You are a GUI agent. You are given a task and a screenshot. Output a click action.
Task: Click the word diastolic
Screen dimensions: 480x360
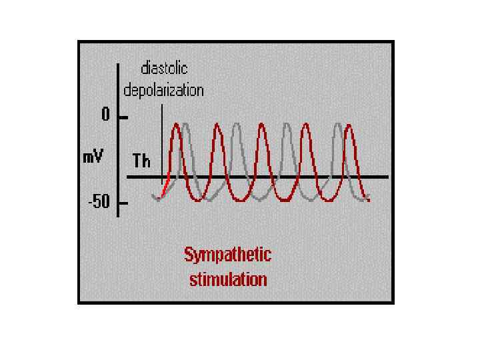coord(164,69)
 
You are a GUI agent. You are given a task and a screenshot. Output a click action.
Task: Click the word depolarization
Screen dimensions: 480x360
coord(164,89)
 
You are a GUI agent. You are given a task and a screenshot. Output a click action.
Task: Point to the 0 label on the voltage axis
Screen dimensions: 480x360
coord(105,115)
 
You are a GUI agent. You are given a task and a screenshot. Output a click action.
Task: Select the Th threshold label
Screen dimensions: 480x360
coord(141,161)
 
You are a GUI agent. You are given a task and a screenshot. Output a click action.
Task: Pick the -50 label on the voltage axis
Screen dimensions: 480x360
coord(99,203)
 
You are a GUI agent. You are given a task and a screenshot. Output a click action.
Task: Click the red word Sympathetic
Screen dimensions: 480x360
coord(227,255)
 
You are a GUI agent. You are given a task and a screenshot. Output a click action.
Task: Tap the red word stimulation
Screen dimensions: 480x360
coord(228,279)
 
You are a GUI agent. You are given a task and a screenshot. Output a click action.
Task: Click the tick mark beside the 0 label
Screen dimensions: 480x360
coord(123,117)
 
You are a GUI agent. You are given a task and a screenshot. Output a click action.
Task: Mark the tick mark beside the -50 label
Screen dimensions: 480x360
coord(123,202)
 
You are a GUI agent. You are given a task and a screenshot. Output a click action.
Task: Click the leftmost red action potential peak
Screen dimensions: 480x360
coord(176,125)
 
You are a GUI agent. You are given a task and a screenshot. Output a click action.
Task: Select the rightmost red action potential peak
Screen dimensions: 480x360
coord(349,125)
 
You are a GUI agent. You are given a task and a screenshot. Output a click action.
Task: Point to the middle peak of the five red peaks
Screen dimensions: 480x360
coord(262,125)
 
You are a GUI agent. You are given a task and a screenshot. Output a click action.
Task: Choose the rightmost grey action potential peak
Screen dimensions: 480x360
coord(339,125)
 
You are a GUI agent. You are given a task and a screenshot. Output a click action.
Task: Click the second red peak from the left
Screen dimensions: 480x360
coord(217,125)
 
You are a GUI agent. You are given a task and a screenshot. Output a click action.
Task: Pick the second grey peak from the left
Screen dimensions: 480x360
coord(236,125)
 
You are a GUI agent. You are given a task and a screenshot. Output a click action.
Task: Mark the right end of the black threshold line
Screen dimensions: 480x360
coord(387,177)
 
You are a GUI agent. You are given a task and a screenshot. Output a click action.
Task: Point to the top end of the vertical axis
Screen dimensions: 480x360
coord(118,65)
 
